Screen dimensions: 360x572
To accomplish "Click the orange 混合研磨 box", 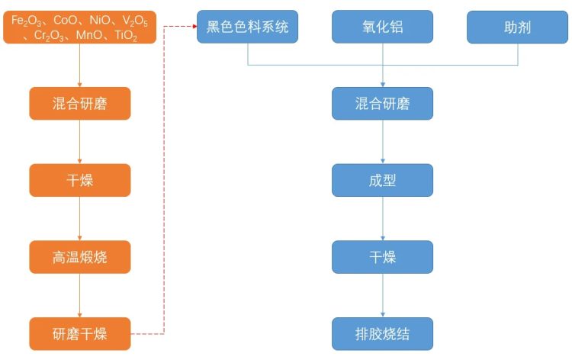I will coord(80,104).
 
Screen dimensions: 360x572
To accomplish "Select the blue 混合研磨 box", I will coord(382,104).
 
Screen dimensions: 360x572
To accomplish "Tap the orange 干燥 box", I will coord(80,180).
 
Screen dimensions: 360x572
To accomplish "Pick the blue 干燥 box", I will coord(382,257).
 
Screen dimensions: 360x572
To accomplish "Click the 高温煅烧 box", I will coord(80,257).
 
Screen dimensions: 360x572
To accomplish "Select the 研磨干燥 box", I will coord(80,333).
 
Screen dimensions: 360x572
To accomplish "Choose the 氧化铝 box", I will coord(382,27).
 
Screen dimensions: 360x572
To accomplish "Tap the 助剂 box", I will coord(517,27).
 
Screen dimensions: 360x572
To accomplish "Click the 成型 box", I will coord(382,180).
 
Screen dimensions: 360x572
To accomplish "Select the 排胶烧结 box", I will coord(382,333).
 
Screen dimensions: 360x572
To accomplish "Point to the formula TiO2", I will coord(123,35).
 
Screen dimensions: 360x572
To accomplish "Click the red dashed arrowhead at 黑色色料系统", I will coord(193,27).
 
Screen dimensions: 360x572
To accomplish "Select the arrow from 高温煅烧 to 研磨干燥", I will coord(80,295).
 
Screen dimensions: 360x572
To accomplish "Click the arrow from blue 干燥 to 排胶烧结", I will coord(382,295).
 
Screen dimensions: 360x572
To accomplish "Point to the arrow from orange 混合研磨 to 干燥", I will coord(80,142).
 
